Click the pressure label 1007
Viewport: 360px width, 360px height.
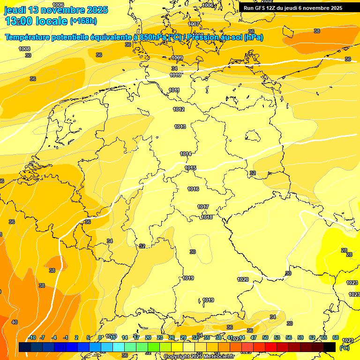coord(193,24)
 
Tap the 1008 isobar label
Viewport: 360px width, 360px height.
coord(24,49)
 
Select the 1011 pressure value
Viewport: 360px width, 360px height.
coord(174,90)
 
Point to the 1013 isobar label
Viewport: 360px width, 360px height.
coord(180,127)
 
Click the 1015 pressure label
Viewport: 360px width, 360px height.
coord(190,168)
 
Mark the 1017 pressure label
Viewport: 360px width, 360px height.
coord(203,207)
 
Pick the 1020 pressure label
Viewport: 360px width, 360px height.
coord(243,279)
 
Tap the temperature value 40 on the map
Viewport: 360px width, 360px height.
coord(15,322)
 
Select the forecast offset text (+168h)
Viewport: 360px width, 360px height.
coord(83,21)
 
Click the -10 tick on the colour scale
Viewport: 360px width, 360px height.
coord(32,337)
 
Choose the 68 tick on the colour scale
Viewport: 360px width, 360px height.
coord(336,337)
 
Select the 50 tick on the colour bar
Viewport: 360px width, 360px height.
coord(265,337)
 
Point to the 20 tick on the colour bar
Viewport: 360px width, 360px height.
coord(148,337)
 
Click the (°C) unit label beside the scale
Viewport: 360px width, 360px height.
coord(345,348)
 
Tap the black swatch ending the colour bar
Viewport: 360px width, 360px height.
coord(330,347)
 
